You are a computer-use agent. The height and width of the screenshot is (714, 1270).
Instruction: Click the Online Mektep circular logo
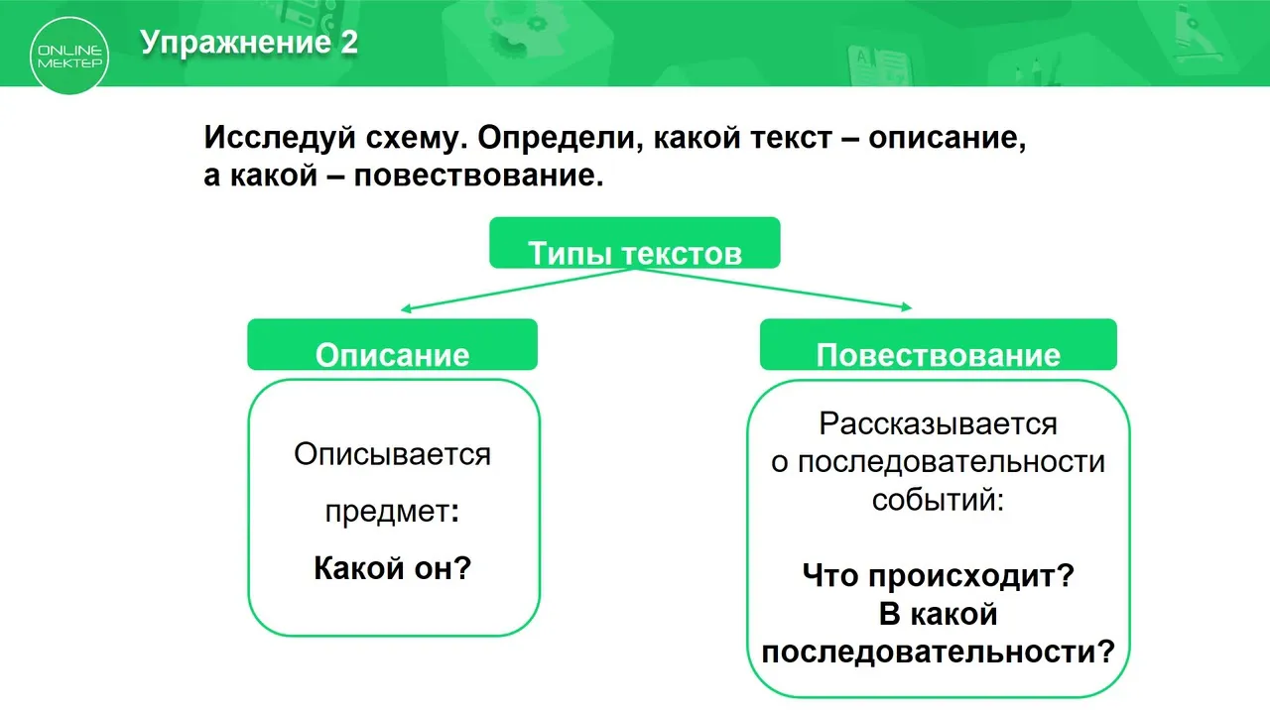pyautogui.click(x=69, y=56)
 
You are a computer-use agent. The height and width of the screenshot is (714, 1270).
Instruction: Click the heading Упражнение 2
pyautogui.click(x=249, y=42)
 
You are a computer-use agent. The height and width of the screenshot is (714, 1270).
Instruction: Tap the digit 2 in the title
pyautogui.click(x=349, y=42)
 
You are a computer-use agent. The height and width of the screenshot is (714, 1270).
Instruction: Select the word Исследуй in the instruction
pyautogui.click(x=280, y=137)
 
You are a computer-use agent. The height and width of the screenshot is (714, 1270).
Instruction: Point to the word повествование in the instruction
pyautogui.click(x=478, y=176)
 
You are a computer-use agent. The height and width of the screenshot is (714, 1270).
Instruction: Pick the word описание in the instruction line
pyautogui.click(x=947, y=137)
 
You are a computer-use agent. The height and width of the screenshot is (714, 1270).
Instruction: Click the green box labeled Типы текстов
pyautogui.click(x=634, y=243)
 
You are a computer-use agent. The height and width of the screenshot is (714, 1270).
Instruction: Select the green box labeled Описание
pyautogui.click(x=392, y=344)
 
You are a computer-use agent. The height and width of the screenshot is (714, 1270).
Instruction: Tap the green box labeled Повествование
pyautogui.click(x=939, y=344)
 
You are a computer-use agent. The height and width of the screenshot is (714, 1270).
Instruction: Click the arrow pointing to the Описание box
pyautogui.click(x=518, y=290)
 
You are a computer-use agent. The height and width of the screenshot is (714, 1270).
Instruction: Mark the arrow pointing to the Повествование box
pyautogui.click(x=773, y=289)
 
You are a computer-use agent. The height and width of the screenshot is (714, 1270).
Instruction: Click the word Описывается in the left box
pyautogui.click(x=392, y=454)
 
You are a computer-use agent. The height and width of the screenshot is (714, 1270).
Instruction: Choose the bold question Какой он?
pyautogui.click(x=392, y=568)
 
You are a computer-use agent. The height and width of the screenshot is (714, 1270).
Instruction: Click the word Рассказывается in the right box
pyautogui.click(x=939, y=423)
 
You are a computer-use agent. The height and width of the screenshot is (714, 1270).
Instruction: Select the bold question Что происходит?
pyautogui.click(x=939, y=576)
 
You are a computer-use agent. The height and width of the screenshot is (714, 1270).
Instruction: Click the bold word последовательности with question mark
pyautogui.click(x=939, y=652)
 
